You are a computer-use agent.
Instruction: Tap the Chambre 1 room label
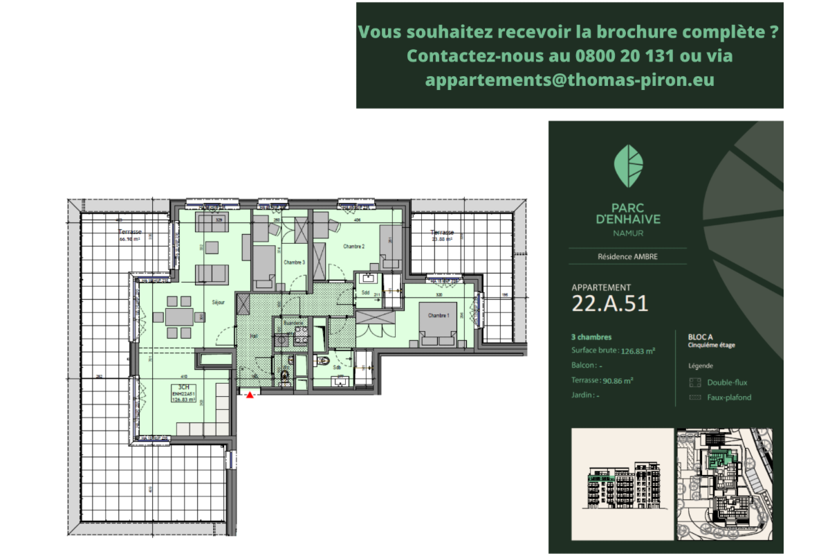pos(439,316)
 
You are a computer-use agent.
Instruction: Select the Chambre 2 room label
pos(353,247)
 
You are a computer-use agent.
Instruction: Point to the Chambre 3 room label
pos(294,262)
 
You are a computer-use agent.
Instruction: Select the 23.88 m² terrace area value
pos(441,240)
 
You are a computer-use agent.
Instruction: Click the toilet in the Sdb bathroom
pos(324,361)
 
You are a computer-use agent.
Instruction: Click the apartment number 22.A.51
pos(610,303)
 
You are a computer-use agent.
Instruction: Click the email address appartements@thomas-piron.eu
pos(569,80)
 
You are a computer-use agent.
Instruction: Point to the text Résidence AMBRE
pos(627,256)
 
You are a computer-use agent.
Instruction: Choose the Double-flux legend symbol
pos(695,382)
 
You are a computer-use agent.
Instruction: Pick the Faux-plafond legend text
pos(729,397)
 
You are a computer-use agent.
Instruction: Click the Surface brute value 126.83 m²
pos(637,351)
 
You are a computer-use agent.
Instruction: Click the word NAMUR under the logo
pos(627,233)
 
